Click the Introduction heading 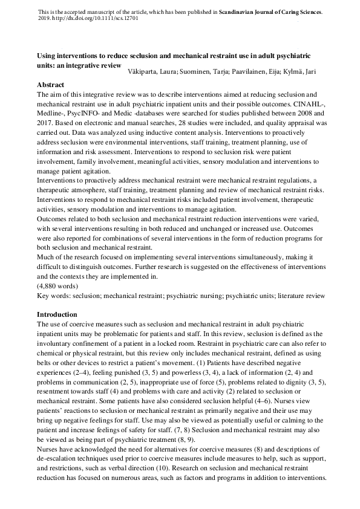coord(57,314)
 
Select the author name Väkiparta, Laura coord(151,72)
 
